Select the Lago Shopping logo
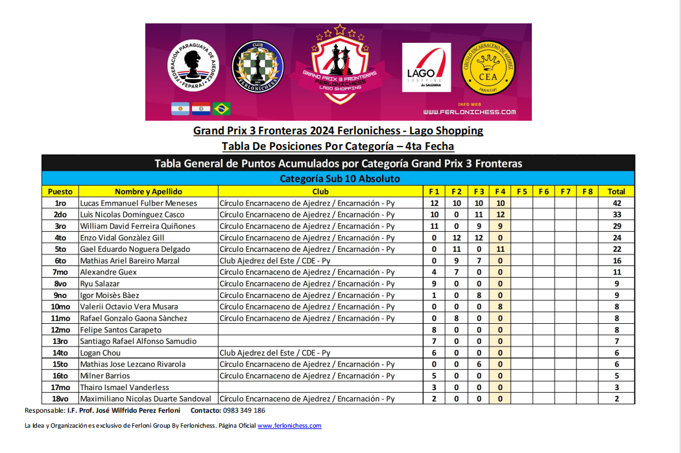point(426,67)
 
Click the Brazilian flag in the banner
point(222,108)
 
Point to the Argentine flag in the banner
point(180,108)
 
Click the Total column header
point(616,191)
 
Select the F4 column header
point(500,191)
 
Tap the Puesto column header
point(60,191)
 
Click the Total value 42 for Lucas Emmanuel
point(616,203)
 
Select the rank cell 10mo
point(60,306)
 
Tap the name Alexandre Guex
point(108,272)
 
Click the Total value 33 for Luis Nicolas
point(616,215)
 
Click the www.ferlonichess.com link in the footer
point(289,426)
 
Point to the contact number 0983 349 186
point(243,411)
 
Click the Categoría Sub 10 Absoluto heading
point(339,178)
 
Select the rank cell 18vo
point(60,398)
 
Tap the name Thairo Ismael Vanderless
point(125,387)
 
